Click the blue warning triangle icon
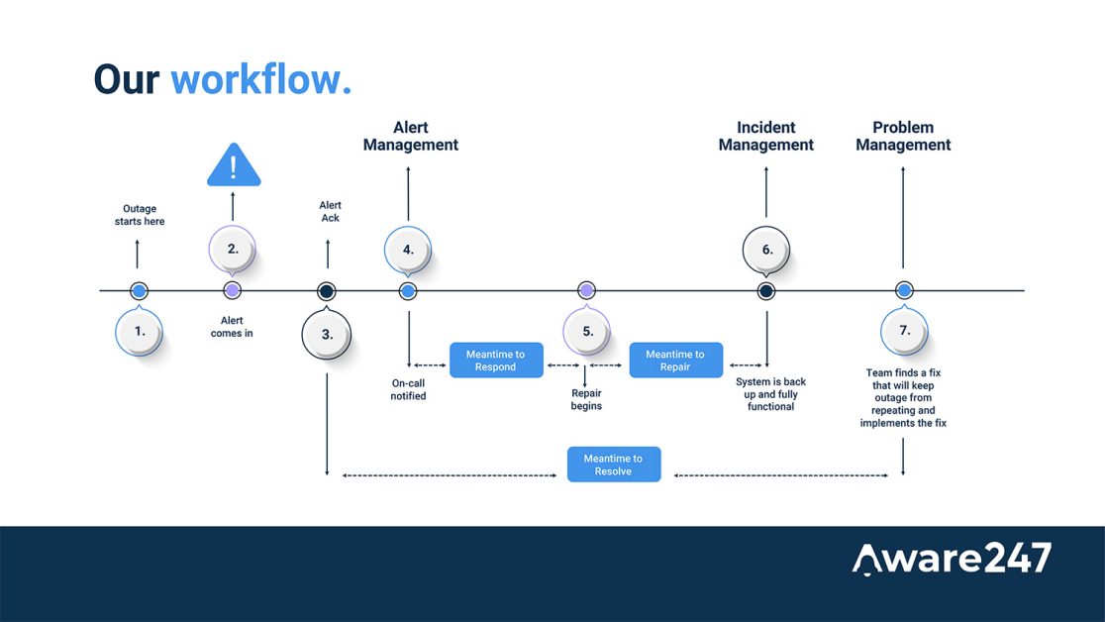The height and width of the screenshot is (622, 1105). [234, 166]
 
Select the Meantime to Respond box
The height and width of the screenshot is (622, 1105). [496, 361]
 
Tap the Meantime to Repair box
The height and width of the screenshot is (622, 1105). [675, 361]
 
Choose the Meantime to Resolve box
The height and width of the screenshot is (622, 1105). [613, 465]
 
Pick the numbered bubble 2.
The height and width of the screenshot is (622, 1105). [233, 249]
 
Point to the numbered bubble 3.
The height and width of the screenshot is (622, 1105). [327, 334]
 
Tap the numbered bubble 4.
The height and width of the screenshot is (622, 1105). [408, 250]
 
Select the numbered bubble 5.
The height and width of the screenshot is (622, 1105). [587, 331]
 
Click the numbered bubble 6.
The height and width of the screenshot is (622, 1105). [766, 250]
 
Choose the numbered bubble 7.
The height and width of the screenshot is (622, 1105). [904, 331]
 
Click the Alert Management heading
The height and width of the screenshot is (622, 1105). [411, 136]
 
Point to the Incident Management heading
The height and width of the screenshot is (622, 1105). [766, 136]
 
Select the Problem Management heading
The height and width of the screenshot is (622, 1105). [903, 136]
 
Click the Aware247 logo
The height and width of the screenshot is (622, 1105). [952, 558]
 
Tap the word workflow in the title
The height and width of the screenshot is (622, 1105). [260, 79]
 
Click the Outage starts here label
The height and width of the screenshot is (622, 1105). [140, 215]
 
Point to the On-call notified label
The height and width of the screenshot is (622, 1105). [408, 389]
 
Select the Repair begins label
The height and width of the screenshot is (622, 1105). [586, 399]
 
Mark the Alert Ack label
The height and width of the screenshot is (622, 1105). [330, 211]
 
